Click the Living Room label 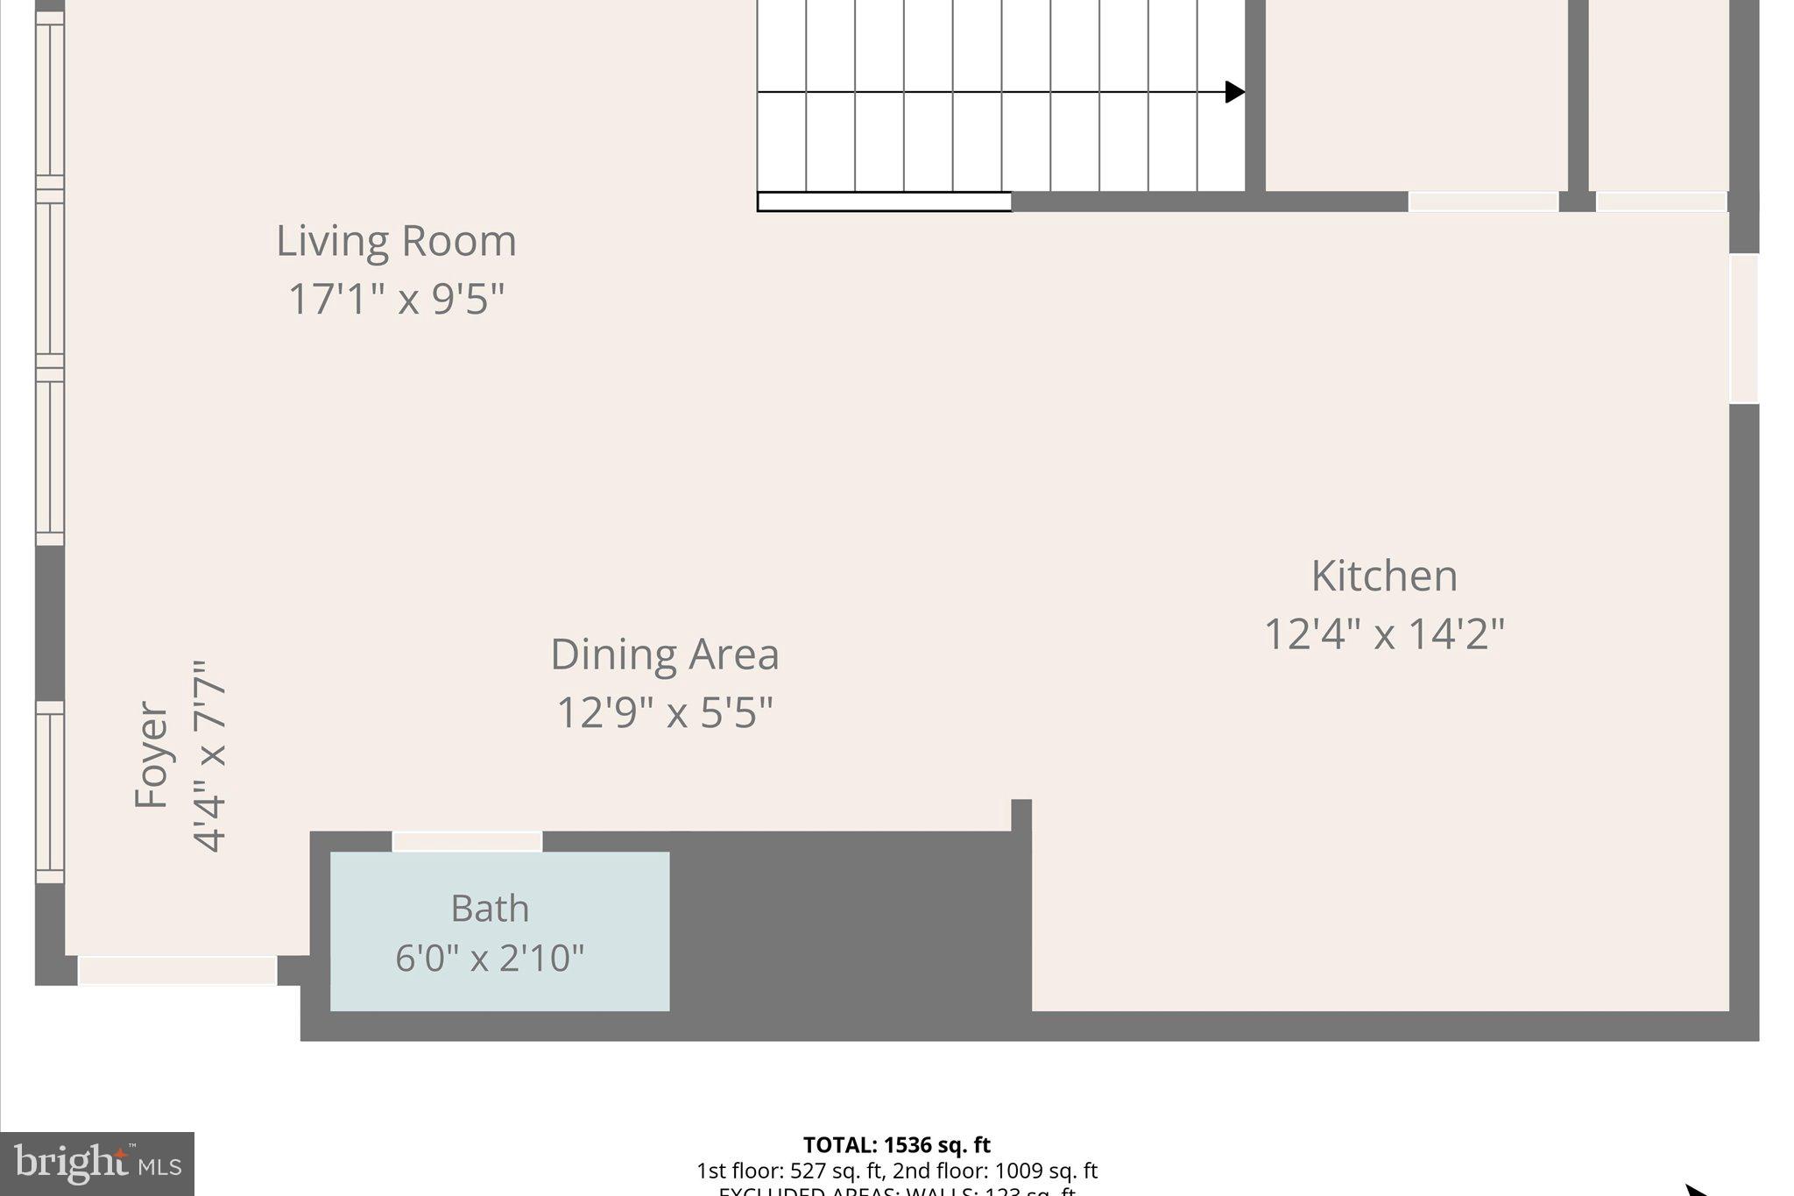[x=396, y=241]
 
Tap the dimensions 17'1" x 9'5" [x=396, y=299]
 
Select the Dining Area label [x=664, y=655]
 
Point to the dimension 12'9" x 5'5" [x=664, y=712]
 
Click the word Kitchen [x=1384, y=577]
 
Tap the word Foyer [x=152, y=755]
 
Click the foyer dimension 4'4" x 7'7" [x=209, y=755]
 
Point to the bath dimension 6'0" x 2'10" [x=489, y=958]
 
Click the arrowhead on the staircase [x=1235, y=91]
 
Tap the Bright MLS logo [x=97, y=1164]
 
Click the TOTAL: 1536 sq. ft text [x=896, y=1145]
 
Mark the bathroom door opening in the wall [x=467, y=841]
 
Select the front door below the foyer [x=178, y=970]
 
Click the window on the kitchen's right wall [x=1743, y=329]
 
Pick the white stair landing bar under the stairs [x=884, y=202]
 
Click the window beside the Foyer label [x=50, y=792]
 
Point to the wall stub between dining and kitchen [x=1021, y=815]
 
